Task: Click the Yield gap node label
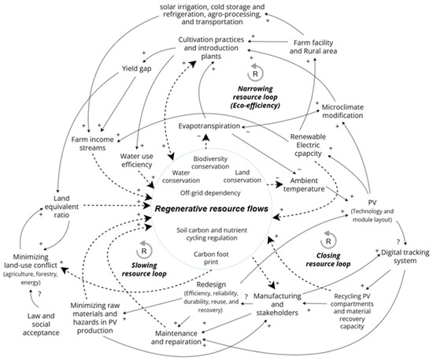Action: click(137, 69)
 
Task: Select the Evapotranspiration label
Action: click(209, 126)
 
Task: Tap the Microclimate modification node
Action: click(342, 111)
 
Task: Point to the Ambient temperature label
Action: click(304, 185)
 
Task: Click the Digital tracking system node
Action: click(405, 257)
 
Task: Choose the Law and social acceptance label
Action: click(41, 325)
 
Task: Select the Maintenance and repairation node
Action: click(176, 338)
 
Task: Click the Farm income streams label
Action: click(93, 143)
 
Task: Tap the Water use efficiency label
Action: click(137, 161)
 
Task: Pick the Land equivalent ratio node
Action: click(61, 206)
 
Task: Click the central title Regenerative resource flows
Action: click(211, 209)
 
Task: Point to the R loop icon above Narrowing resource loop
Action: click(255, 72)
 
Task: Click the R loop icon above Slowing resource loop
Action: click(144, 250)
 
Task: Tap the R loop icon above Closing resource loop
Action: click(328, 239)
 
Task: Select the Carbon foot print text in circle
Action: click(211, 258)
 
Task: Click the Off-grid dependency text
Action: click(210, 193)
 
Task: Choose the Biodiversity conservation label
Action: click(210, 163)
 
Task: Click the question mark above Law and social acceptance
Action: click(39, 294)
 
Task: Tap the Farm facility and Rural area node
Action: click(313, 47)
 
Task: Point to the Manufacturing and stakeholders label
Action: click(277, 304)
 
